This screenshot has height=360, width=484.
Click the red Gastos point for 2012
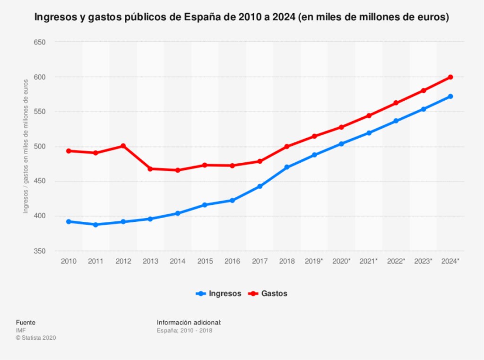click(x=123, y=146)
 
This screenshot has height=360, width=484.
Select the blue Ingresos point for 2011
click(x=95, y=225)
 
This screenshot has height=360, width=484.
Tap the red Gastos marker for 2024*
click(x=450, y=77)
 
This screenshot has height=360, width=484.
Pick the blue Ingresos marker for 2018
click(x=287, y=167)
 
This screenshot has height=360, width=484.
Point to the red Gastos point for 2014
click(x=178, y=170)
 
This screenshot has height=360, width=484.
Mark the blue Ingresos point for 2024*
click(x=450, y=97)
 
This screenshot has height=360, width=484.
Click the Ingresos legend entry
click(x=219, y=293)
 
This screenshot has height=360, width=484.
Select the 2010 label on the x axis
click(x=69, y=261)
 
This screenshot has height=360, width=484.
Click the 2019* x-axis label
click(x=314, y=261)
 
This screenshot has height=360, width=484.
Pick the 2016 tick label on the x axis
click(x=232, y=261)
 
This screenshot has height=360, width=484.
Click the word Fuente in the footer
click(x=26, y=323)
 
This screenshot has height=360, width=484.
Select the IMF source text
click(x=20, y=330)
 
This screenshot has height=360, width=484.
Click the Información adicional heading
click(x=189, y=323)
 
